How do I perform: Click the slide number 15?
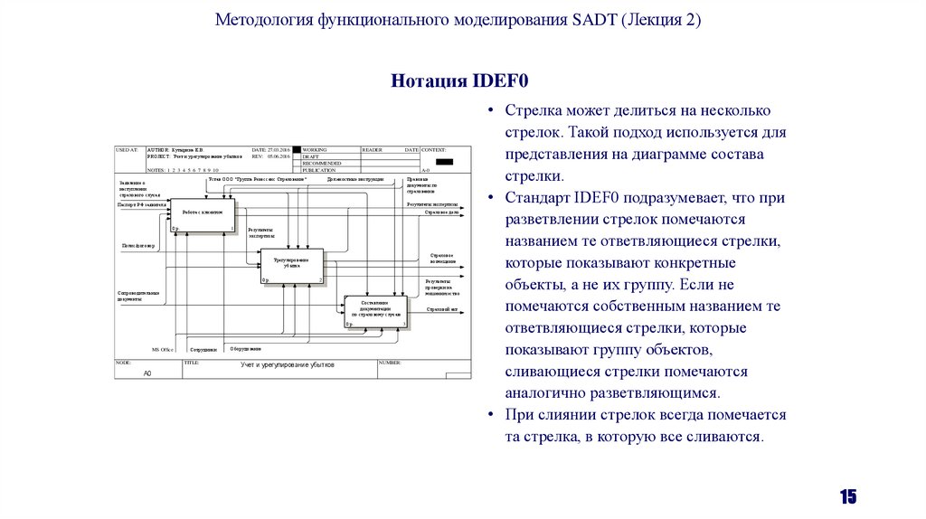click(847, 496)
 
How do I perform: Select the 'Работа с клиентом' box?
click(203, 213)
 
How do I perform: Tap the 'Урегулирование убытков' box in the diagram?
click(291, 264)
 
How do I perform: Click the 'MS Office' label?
click(163, 348)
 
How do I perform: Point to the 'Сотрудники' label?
click(203, 348)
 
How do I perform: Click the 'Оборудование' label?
click(245, 347)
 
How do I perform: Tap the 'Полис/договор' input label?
click(138, 245)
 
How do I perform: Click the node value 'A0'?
click(147, 373)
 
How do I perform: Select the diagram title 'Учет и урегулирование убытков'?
click(287, 364)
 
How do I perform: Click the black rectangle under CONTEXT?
click(443, 162)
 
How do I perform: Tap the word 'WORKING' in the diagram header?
click(316, 149)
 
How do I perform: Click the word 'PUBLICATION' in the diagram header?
click(320, 170)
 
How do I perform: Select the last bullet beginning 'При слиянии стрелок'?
click(646, 426)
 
